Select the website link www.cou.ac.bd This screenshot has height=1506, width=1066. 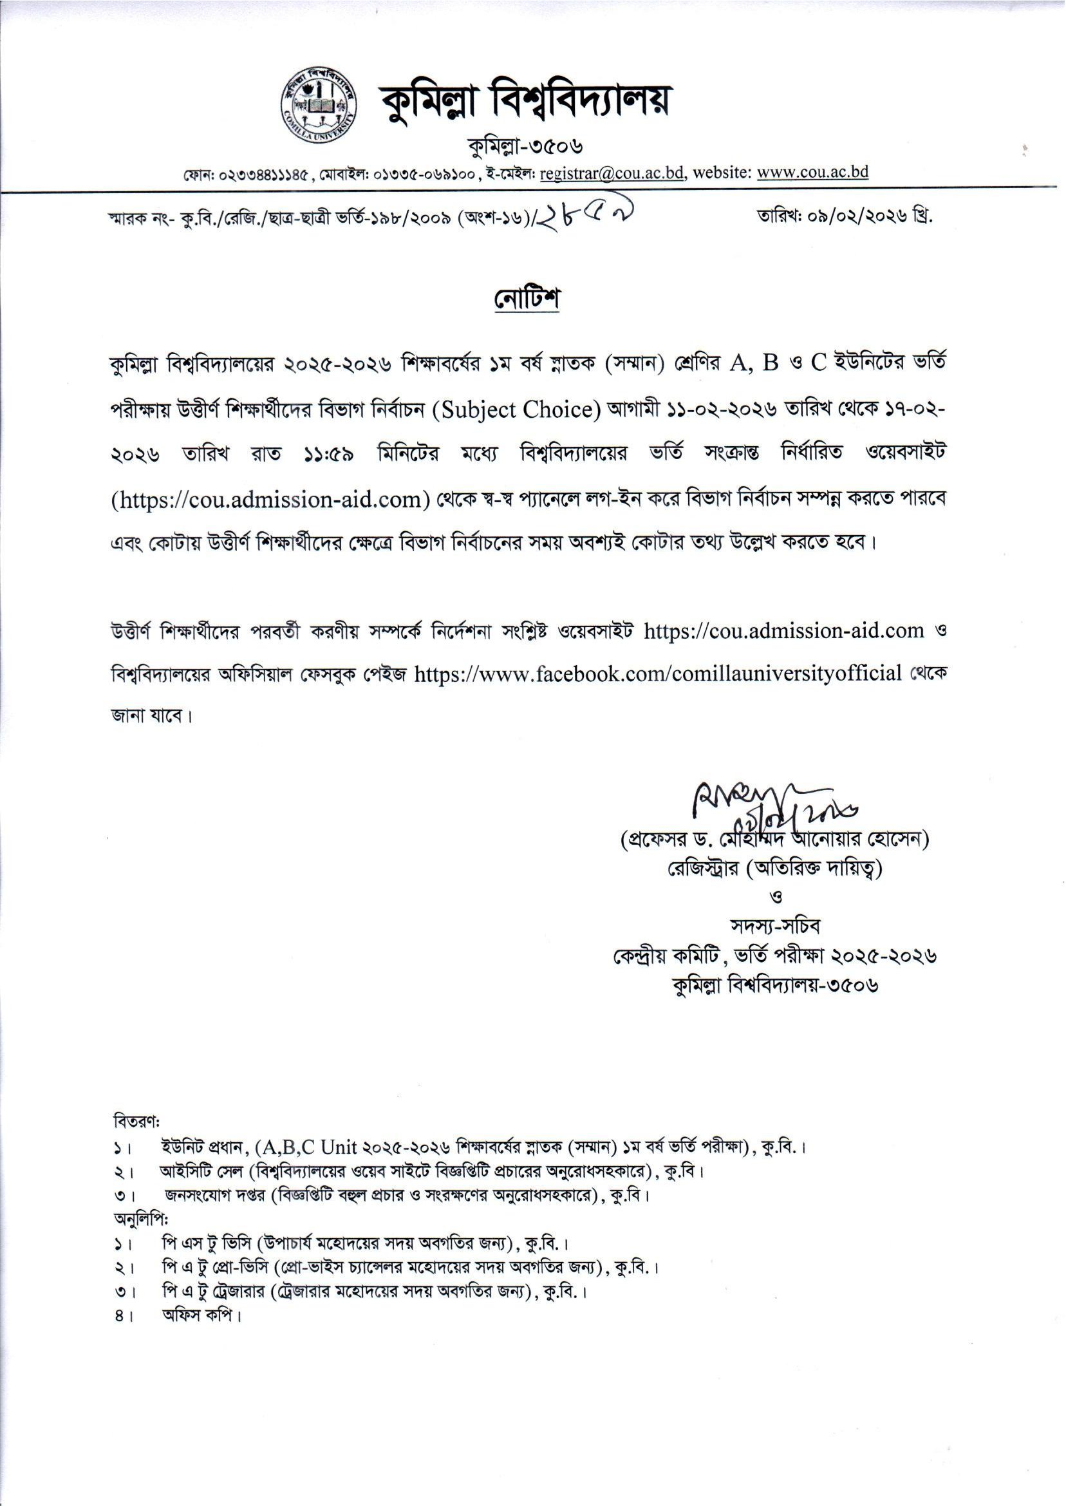812,173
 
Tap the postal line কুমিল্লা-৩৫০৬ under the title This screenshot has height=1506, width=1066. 525,146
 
